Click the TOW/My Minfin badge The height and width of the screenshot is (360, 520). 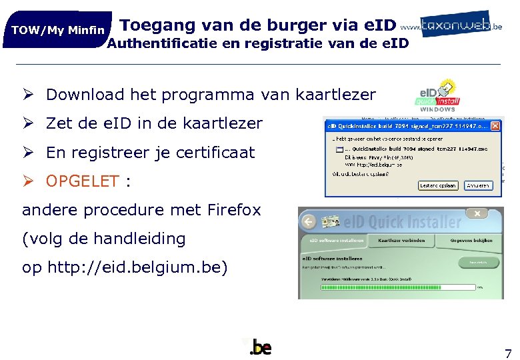(x=58, y=30)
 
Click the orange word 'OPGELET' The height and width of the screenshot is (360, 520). (x=83, y=181)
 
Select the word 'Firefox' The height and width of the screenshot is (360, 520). (x=234, y=210)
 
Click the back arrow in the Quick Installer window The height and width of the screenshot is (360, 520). (x=308, y=220)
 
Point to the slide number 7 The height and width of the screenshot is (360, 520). (x=508, y=353)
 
